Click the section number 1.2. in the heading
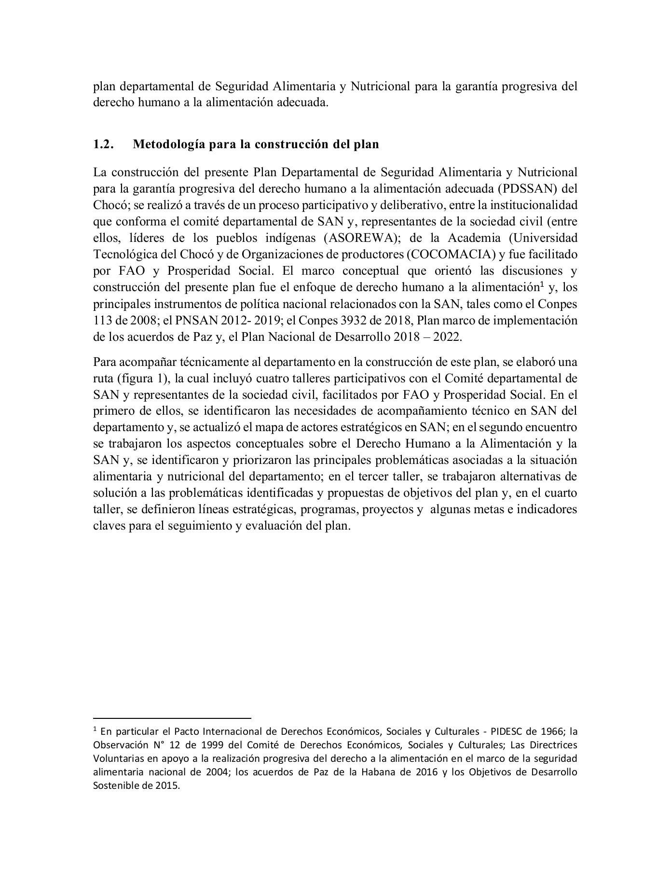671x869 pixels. [x=104, y=144]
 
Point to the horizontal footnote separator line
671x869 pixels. [x=172, y=718]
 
